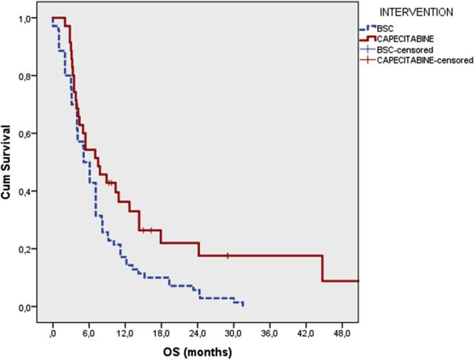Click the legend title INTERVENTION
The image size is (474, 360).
(x=416, y=13)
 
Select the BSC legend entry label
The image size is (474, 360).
(x=385, y=27)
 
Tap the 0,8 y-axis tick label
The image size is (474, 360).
(x=25, y=76)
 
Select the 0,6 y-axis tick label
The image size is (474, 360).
(x=25, y=134)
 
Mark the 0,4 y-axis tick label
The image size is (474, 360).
(x=25, y=191)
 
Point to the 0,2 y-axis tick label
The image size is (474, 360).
(x=25, y=249)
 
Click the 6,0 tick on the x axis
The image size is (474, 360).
(x=89, y=332)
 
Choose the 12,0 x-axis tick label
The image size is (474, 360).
(x=125, y=332)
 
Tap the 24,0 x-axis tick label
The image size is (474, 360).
(x=197, y=332)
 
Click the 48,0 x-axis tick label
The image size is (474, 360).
(x=342, y=332)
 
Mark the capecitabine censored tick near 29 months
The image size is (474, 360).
(x=227, y=255)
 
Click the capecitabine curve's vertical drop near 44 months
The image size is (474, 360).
(x=323, y=268)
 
